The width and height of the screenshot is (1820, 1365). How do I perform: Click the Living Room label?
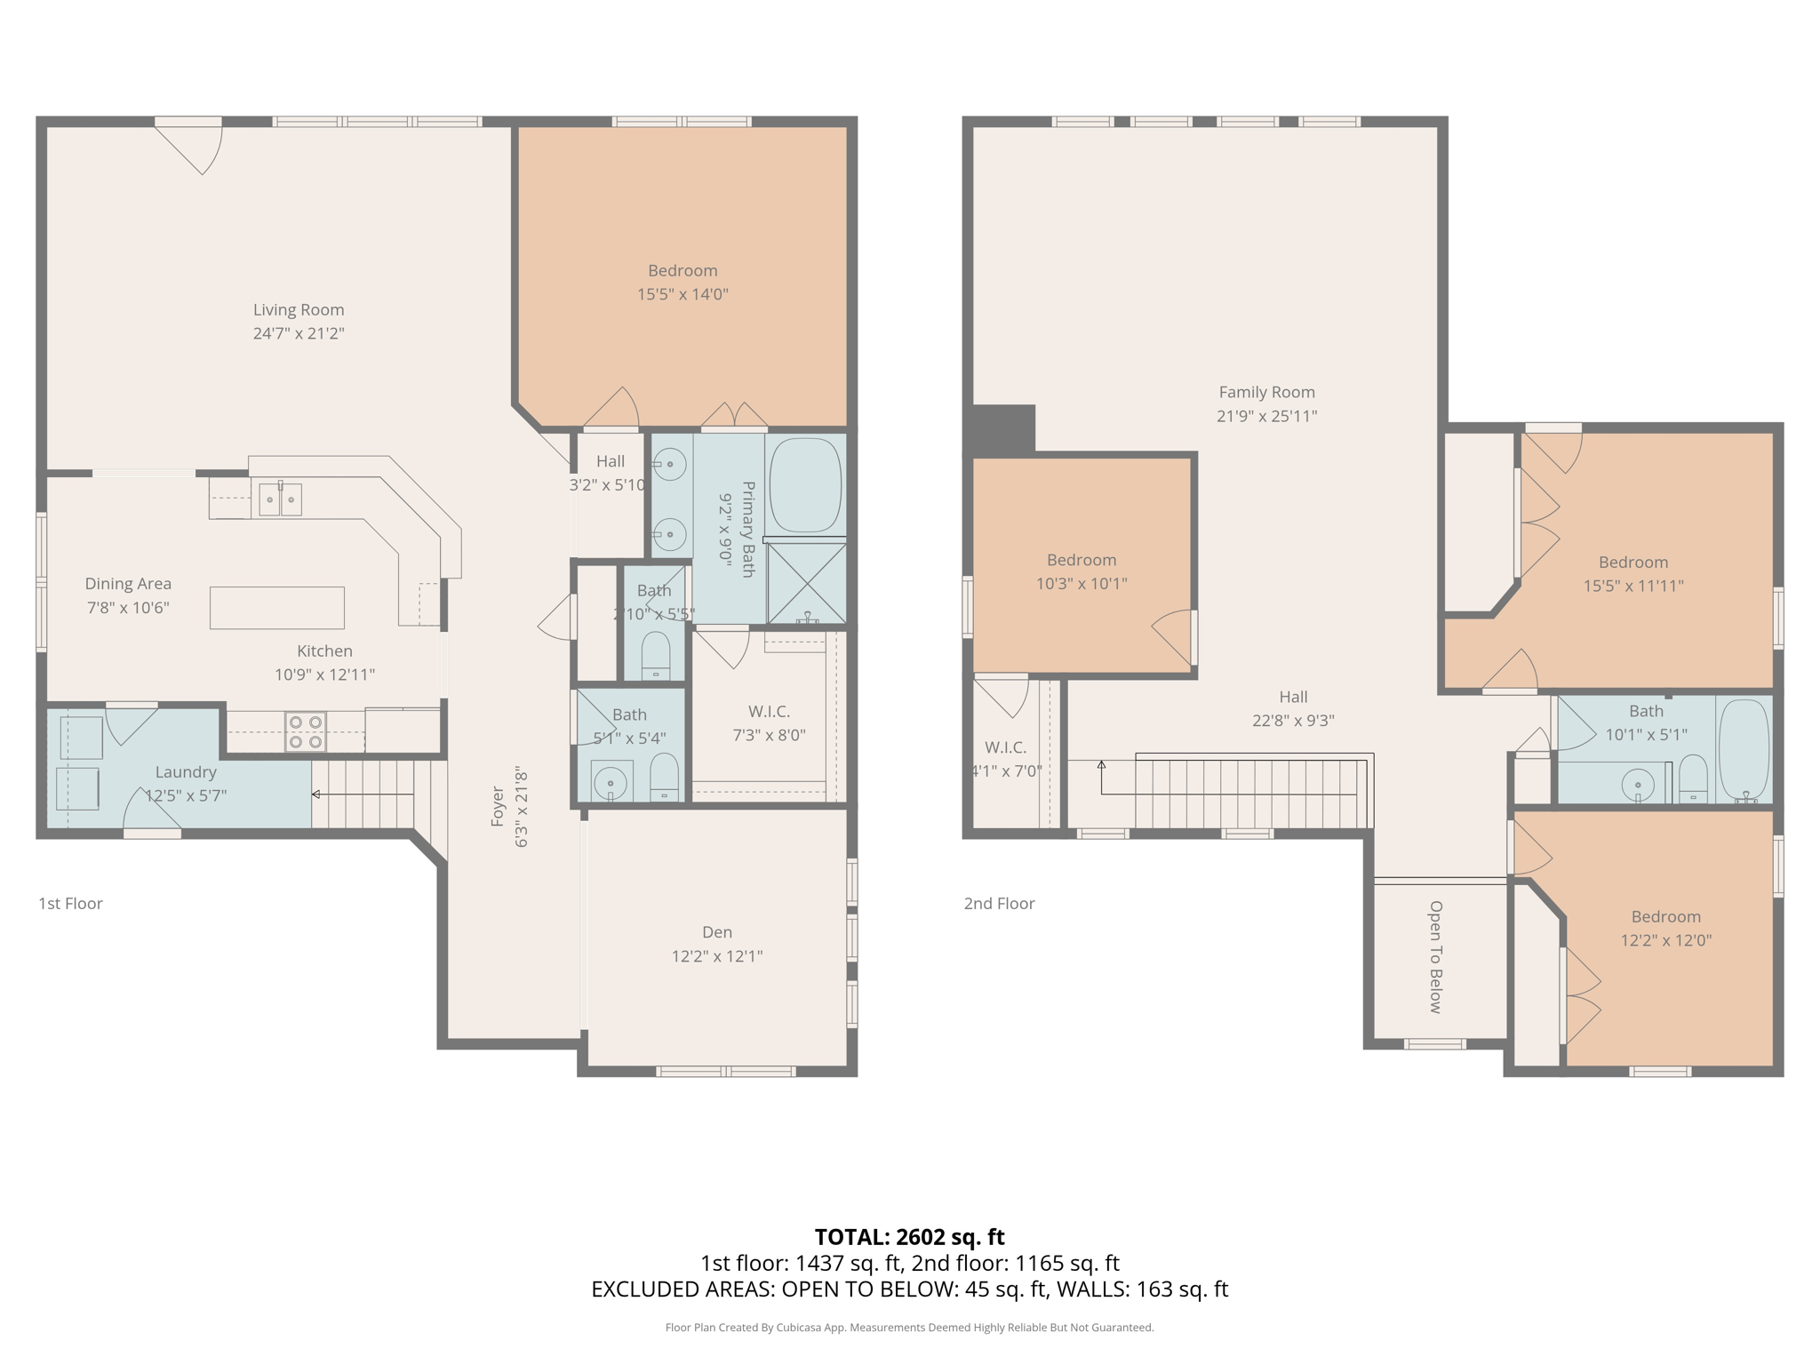tap(298, 310)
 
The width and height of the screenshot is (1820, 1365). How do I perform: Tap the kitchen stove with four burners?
tap(305, 732)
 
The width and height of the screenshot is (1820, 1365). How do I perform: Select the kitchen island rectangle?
tap(276, 608)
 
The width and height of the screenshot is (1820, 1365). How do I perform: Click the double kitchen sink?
tap(280, 499)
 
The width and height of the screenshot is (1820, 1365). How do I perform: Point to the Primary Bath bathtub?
tap(804, 485)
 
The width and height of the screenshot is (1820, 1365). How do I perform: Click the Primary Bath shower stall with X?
tap(806, 583)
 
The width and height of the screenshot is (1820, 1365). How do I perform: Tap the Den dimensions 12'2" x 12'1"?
tap(716, 956)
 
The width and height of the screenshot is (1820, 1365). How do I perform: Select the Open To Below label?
tap(1435, 956)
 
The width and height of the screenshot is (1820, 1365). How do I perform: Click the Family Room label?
tap(1266, 392)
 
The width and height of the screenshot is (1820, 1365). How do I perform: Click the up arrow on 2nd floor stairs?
tap(1101, 765)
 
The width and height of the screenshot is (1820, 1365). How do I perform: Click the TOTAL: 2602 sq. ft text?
tap(909, 1237)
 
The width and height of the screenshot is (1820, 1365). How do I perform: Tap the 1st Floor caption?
tap(70, 904)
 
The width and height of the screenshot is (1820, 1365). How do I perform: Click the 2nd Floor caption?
tap(999, 904)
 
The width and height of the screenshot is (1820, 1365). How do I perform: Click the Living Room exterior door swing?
tap(197, 147)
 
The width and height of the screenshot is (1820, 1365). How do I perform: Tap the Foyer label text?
tap(498, 806)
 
